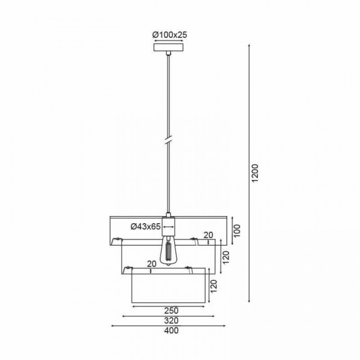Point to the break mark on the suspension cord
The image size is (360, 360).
pyautogui.click(x=169, y=140)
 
